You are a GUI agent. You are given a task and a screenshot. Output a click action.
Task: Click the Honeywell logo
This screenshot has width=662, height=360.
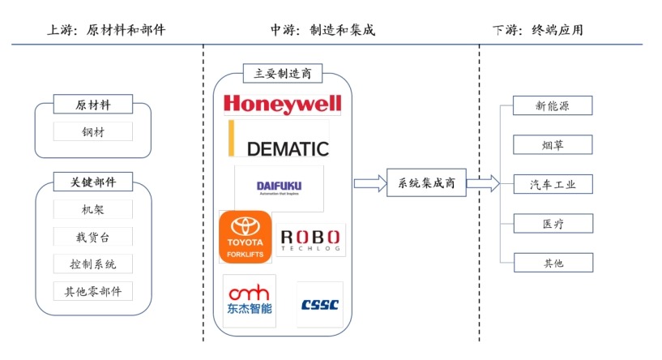tap(282, 104)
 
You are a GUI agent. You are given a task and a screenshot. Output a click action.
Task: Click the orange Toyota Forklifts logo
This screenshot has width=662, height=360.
tap(246, 237)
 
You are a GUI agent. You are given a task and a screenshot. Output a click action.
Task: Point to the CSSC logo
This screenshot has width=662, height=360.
tap(320, 305)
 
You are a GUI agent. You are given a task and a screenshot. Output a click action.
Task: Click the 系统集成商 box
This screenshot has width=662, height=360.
tap(426, 184)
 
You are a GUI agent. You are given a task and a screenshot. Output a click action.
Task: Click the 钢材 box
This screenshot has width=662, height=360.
tap(93, 131)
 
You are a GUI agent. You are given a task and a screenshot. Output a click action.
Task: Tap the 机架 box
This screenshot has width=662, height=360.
tap(93, 210)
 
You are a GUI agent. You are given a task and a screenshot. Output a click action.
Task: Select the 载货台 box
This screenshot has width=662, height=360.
tap(93, 237)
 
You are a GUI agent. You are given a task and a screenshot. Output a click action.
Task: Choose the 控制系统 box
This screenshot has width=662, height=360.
tap(93, 264)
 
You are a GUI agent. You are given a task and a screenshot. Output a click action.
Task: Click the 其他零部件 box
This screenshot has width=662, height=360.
tap(93, 290)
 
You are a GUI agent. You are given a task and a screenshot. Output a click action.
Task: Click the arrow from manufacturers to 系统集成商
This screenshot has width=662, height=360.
tap(369, 184)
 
